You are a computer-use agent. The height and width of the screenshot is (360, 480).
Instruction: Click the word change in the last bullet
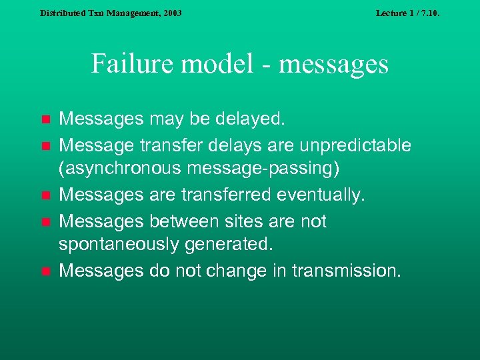215,271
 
